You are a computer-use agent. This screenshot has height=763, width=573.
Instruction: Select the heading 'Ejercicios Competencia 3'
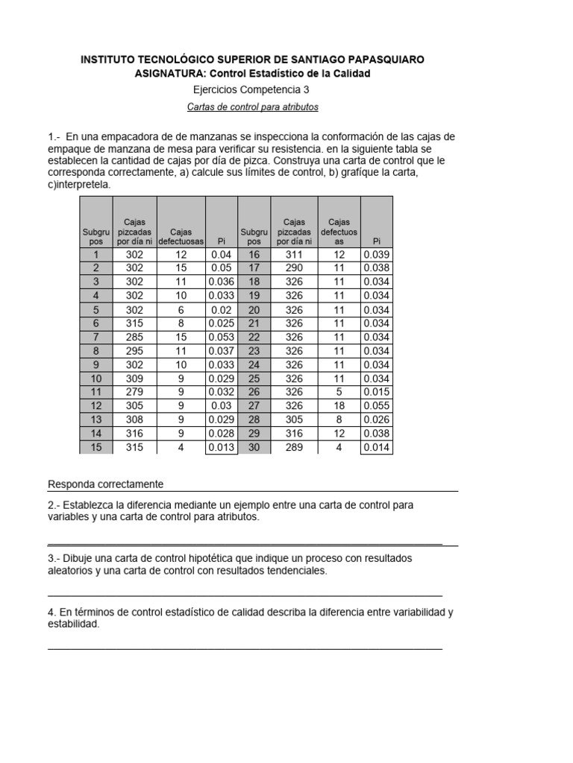252,89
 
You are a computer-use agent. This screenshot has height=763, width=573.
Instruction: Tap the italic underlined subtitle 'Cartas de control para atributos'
252,107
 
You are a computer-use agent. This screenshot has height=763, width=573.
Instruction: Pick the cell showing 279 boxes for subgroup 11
134,392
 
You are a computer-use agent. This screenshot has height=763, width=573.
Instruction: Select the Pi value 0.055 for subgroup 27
376,406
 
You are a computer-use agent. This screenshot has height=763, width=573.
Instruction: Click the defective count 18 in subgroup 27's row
339,406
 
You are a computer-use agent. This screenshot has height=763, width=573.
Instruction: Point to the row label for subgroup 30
254,447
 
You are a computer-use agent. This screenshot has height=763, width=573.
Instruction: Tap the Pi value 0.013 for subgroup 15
221,447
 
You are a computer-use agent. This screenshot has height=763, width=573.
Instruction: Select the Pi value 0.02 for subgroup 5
221,310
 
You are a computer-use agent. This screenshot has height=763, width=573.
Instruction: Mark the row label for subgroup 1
95,255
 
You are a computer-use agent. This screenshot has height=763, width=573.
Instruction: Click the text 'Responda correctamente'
106,484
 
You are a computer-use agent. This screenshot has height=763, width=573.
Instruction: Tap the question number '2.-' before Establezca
55,505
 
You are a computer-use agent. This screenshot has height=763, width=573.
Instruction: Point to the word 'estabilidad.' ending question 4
74,625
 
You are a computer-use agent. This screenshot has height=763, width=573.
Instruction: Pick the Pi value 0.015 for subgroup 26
376,392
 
